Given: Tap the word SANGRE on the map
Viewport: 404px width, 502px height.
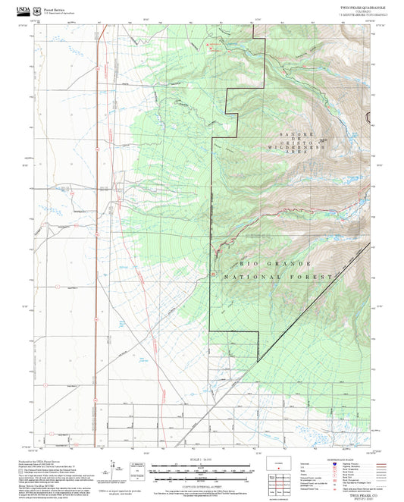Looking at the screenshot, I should click(x=291, y=134).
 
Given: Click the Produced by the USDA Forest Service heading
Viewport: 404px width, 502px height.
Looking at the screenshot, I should click(x=41, y=460).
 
